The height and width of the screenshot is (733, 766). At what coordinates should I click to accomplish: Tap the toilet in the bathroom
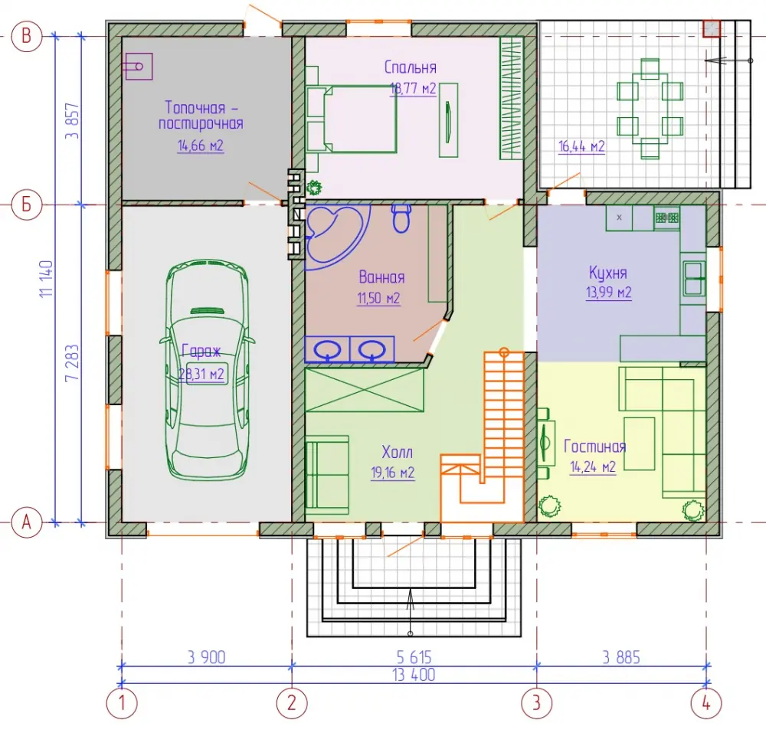[401, 218]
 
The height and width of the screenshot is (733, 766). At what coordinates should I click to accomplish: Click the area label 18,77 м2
[413, 88]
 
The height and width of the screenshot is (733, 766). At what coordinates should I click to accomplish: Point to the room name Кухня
[607, 273]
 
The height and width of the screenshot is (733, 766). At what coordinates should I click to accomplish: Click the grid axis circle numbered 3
[536, 703]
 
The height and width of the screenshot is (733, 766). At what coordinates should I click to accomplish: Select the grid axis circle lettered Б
[26, 205]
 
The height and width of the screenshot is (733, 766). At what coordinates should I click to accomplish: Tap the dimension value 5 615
[414, 657]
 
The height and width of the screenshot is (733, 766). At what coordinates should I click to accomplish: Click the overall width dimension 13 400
[414, 674]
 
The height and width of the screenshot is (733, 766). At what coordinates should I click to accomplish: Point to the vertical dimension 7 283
[71, 363]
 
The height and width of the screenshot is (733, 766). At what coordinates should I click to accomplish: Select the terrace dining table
[650, 109]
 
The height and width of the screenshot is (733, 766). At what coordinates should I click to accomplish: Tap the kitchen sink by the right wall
[694, 279]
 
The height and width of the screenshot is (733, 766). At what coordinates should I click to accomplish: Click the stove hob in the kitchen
[667, 218]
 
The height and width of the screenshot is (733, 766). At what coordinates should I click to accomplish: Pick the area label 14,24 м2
[593, 467]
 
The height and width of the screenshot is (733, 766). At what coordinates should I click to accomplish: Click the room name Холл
[397, 452]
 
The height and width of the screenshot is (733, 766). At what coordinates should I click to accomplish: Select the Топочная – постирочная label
[200, 115]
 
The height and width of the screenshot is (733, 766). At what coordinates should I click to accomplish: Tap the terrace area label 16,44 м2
[581, 146]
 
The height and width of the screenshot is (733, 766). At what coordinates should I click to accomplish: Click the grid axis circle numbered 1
[122, 703]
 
